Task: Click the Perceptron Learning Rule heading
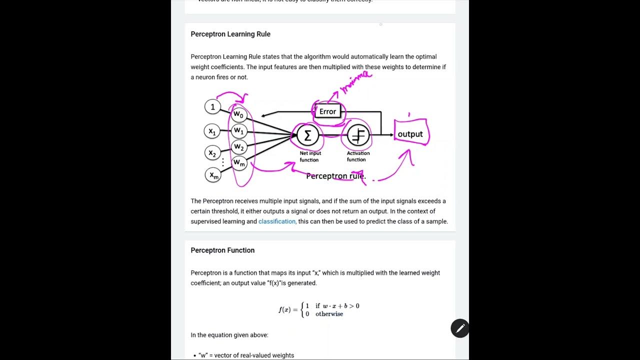point(230,34)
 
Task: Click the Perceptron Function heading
point(222,250)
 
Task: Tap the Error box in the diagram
point(327,111)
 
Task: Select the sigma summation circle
point(307,135)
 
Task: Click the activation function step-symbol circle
point(358,134)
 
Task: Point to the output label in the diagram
point(410,134)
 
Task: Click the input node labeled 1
point(212,106)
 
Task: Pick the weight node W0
point(239,114)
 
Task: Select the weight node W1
point(239,131)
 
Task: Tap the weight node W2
point(239,147)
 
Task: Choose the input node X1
point(212,131)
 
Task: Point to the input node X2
point(212,153)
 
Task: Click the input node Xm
point(213,175)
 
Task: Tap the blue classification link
point(277,221)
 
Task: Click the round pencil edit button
point(460,328)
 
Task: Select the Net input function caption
point(310,156)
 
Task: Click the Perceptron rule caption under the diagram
point(335,176)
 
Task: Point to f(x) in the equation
point(284,309)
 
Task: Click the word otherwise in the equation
point(329,314)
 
